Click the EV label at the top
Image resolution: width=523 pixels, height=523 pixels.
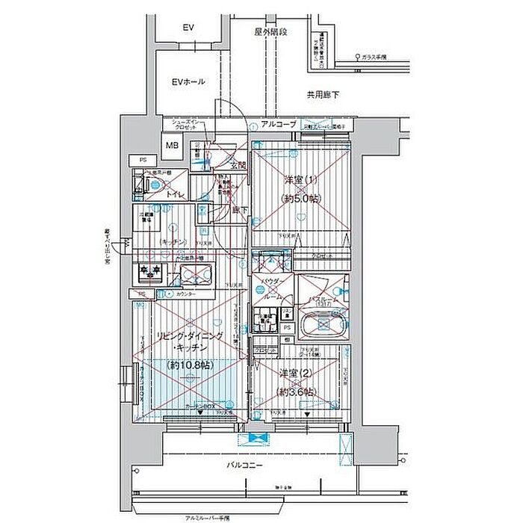point(188,28)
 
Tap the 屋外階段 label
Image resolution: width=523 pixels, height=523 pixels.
point(271,32)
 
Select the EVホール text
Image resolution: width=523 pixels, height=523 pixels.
point(188,81)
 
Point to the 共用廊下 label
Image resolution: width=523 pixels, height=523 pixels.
point(323,95)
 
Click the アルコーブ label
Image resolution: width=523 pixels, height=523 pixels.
point(279,123)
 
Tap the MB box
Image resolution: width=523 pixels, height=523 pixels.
point(173,145)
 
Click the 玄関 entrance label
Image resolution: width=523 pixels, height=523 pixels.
point(238,166)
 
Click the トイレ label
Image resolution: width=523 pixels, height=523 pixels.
point(176,195)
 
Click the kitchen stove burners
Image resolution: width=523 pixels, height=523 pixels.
point(149,273)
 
